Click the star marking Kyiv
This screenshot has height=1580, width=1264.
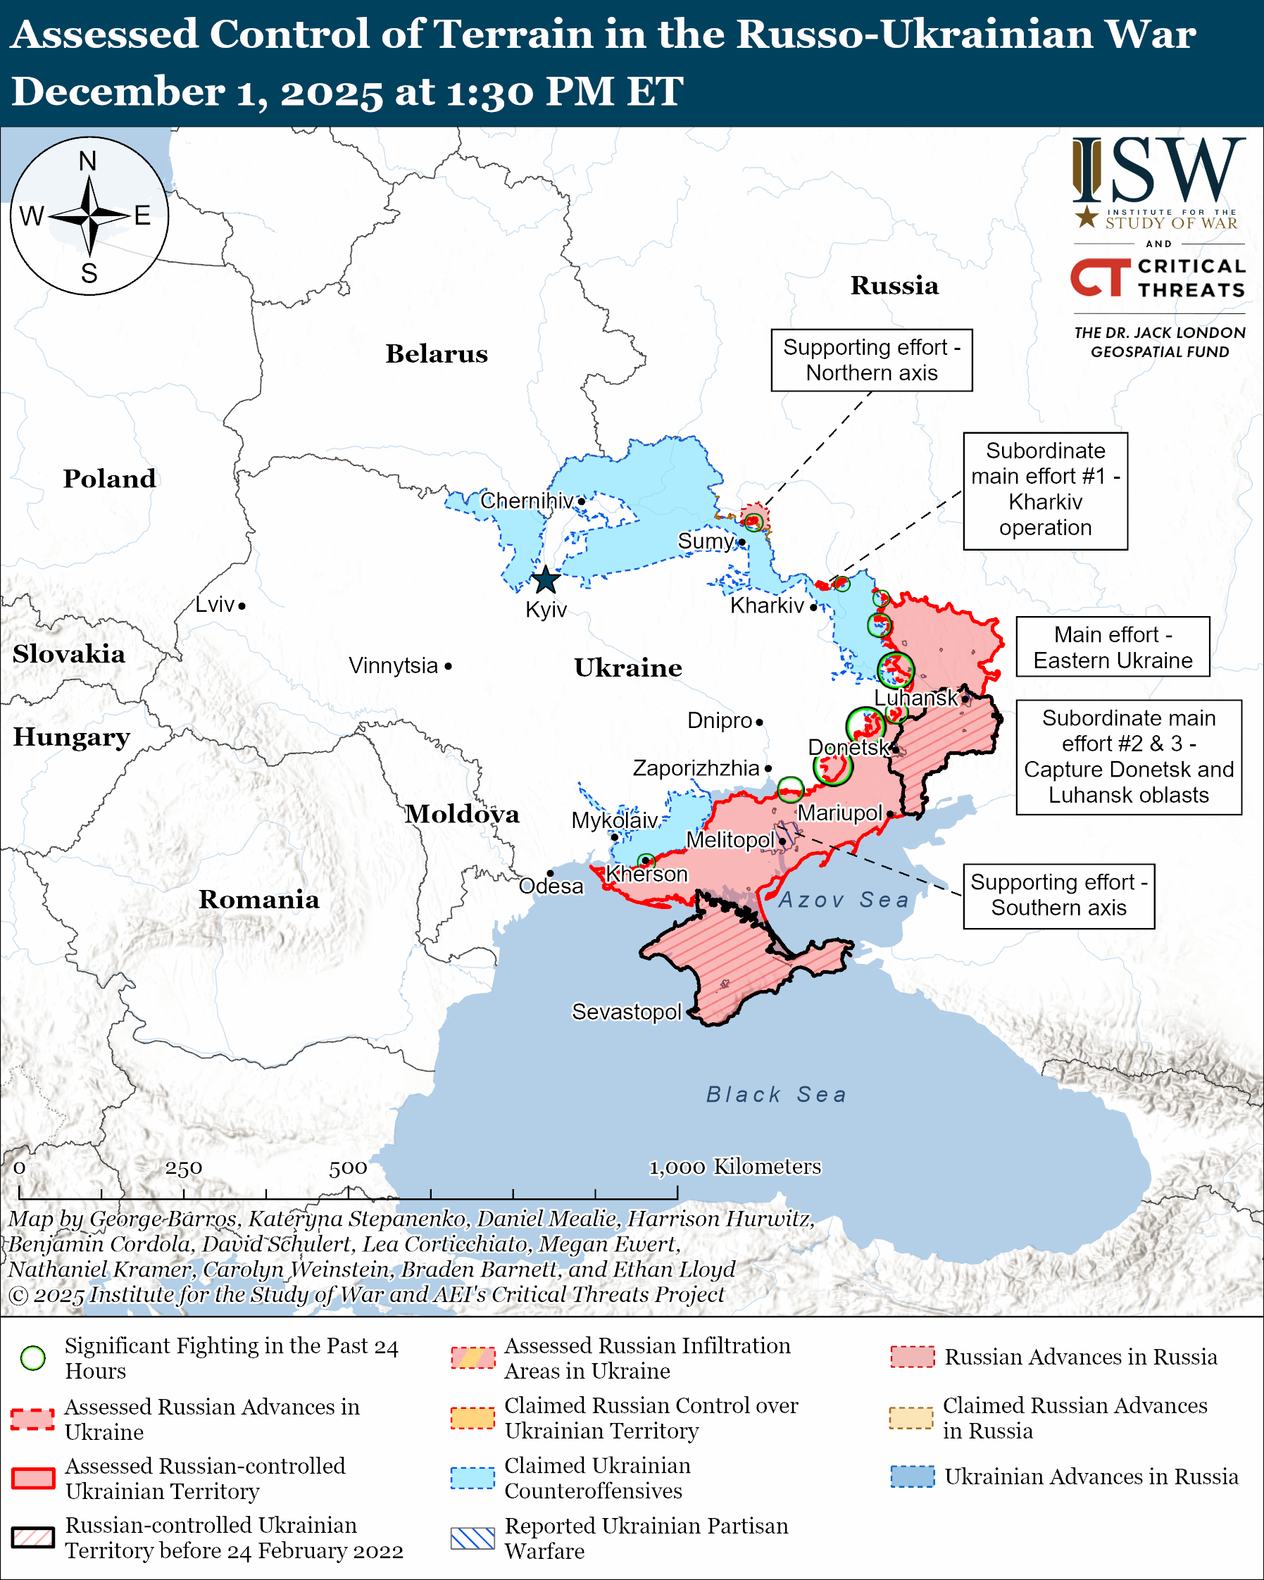pos(546,580)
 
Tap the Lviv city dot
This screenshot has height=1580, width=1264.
pos(242,606)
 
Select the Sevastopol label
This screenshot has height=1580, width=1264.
pos(627,1012)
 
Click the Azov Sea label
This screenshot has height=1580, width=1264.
pos(844,900)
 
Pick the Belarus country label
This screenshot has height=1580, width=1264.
pos(437,354)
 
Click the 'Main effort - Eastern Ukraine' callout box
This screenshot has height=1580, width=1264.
pos(1113,647)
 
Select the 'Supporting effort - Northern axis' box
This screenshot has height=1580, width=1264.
pos(871,360)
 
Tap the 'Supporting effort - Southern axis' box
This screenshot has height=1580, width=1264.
pos(1058,896)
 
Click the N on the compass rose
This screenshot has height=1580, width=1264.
pos(88,161)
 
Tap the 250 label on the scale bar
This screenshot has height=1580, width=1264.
pos(183,1168)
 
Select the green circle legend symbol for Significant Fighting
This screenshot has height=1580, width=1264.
pos(33,1358)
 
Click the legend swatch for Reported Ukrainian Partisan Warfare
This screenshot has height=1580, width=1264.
pos(473,1538)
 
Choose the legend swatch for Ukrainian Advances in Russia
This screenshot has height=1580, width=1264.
pos(913,1476)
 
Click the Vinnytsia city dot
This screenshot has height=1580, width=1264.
pos(449,666)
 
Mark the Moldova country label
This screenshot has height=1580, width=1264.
pos(463,814)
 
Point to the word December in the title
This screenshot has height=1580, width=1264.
pos(118,92)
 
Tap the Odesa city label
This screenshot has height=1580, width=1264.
pos(551,886)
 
